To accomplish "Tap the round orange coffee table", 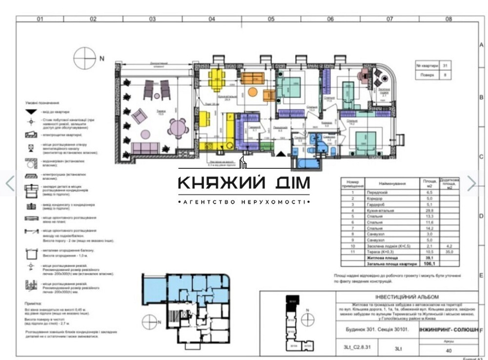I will pyautogui.click(x=252, y=92).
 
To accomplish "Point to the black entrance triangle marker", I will pyautogui.click(x=282, y=154).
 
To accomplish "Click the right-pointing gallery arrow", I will pyautogui.click(x=471, y=183).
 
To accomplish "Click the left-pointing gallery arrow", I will pyautogui.click(x=9, y=183).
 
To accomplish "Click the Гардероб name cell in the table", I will pyautogui.click(x=378, y=205).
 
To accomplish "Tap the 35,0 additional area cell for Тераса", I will pyautogui.click(x=450, y=252).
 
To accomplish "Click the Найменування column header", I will pyautogui.click(x=393, y=184).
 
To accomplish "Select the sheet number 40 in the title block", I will pyautogui.click(x=449, y=350).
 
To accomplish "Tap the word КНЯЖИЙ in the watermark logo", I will pyautogui.click(x=222, y=183).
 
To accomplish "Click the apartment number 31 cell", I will pyautogui.click(x=445, y=65).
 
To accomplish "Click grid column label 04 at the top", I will pyautogui.click(x=211, y=20).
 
